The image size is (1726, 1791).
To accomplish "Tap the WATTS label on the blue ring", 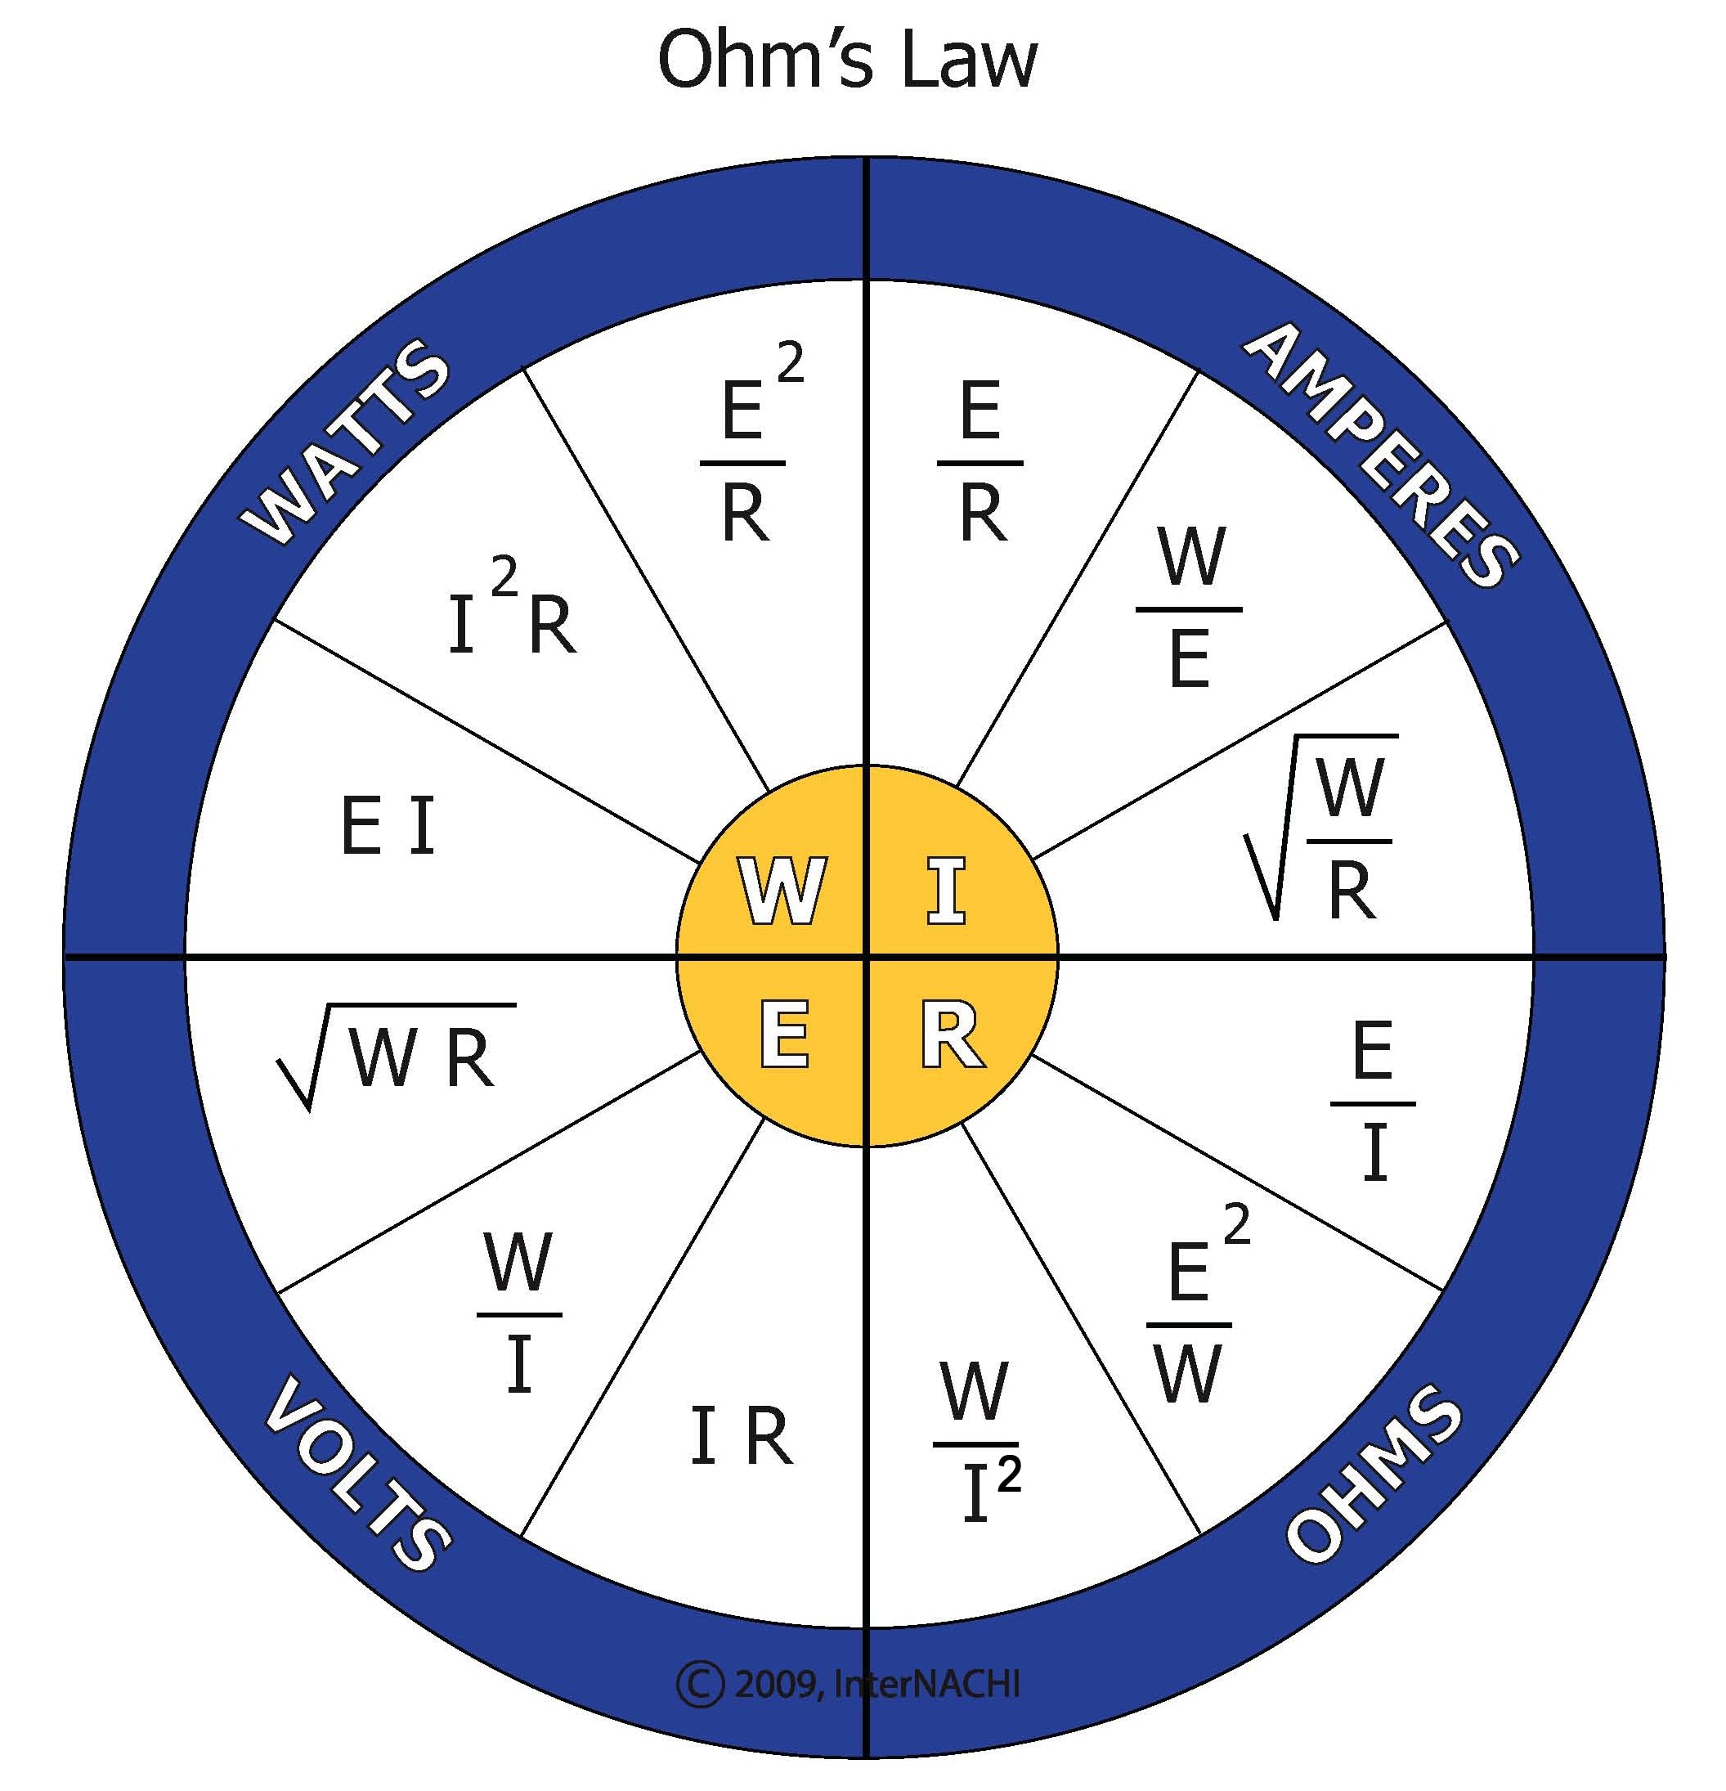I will (345, 442).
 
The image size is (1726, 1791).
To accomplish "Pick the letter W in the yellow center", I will (782, 891).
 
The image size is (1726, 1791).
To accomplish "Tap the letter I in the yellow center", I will (947, 891).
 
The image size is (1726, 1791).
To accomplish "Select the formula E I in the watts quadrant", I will (388, 827).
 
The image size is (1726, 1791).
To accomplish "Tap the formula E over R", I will (980, 461).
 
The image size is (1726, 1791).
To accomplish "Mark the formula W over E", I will (1190, 608).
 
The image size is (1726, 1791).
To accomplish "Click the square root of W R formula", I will (397, 1056).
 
